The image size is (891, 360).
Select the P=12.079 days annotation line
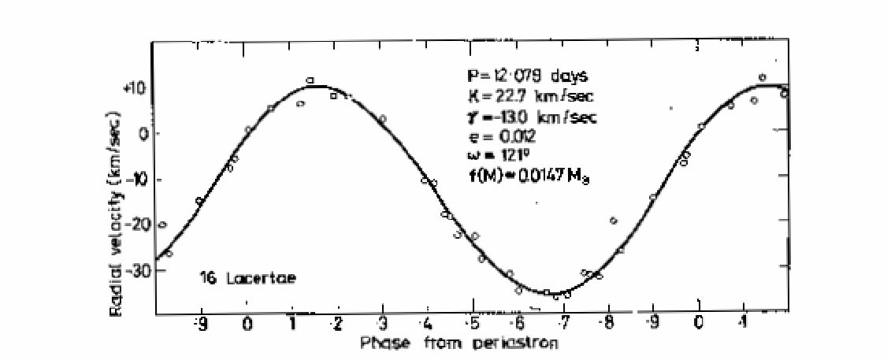pos(523,76)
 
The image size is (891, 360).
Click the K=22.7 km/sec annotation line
pos(525,97)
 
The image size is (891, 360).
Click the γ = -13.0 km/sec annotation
pos(529,117)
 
